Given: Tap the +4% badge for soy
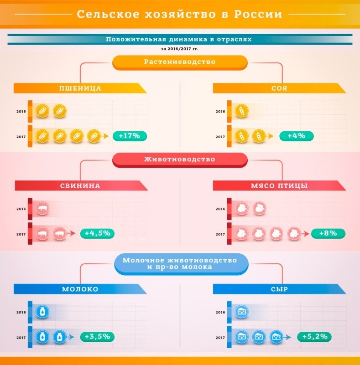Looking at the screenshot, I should coord(296,136).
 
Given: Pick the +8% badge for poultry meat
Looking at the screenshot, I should coord(328,233).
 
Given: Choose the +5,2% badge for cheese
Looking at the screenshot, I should coord(314,337).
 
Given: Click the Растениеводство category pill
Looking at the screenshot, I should coord(180,62).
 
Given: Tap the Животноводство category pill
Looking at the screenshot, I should coord(180,159).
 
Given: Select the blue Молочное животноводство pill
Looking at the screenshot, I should coord(180,263).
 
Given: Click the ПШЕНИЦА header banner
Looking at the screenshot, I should coord(80,88).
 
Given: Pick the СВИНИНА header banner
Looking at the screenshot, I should coord(80,185).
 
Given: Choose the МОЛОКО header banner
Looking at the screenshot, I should coord(80,289).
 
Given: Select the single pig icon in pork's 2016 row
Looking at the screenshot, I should coord(43,209).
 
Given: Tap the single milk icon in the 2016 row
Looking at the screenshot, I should coord(42,312).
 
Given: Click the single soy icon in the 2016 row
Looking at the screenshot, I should coord(241,111).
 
